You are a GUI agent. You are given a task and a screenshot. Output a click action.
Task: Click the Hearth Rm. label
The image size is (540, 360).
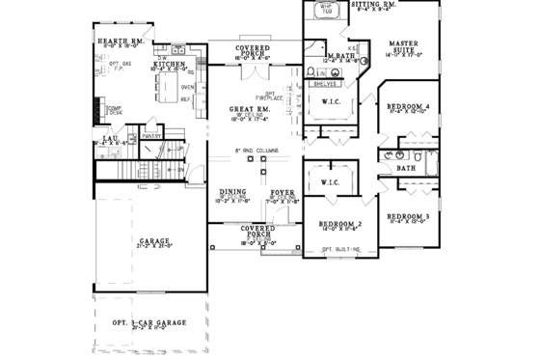pos(121,41)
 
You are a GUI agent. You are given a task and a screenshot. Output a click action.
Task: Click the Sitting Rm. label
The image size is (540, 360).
pos(373,5)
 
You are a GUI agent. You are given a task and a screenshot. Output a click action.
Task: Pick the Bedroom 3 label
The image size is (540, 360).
pos(408,215)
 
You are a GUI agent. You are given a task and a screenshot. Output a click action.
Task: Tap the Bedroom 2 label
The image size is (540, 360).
pos(339,225)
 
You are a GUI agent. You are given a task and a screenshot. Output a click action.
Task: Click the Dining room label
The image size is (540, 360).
pos(233,192)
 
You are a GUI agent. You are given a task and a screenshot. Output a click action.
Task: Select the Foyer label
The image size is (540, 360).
pos(282,193)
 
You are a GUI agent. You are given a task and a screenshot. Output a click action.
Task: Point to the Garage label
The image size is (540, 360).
pos(154,240)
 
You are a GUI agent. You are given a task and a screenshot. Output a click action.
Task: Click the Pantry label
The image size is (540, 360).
pos(150,136)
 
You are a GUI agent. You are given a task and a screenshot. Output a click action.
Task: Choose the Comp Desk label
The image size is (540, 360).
pos(114,110)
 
